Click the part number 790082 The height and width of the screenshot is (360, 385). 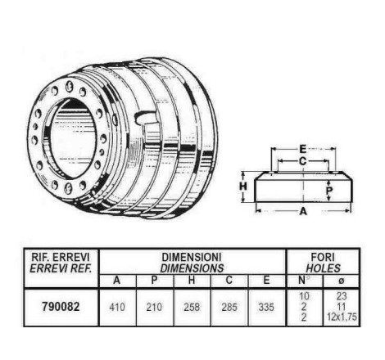[x=61, y=307]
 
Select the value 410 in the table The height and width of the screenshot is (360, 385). [x=117, y=308]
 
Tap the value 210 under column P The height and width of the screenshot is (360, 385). [x=154, y=308]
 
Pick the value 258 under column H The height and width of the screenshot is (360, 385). [x=192, y=308]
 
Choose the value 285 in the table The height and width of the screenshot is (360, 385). [x=229, y=308]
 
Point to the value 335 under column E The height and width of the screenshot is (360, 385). [x=266, y=308]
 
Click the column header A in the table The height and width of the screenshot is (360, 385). [x=117, y=281]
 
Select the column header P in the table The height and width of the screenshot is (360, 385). [x=154, y=281]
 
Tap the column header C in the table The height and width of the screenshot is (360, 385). [x=229, y=281]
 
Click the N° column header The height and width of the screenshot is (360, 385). [x=303, y=280]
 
